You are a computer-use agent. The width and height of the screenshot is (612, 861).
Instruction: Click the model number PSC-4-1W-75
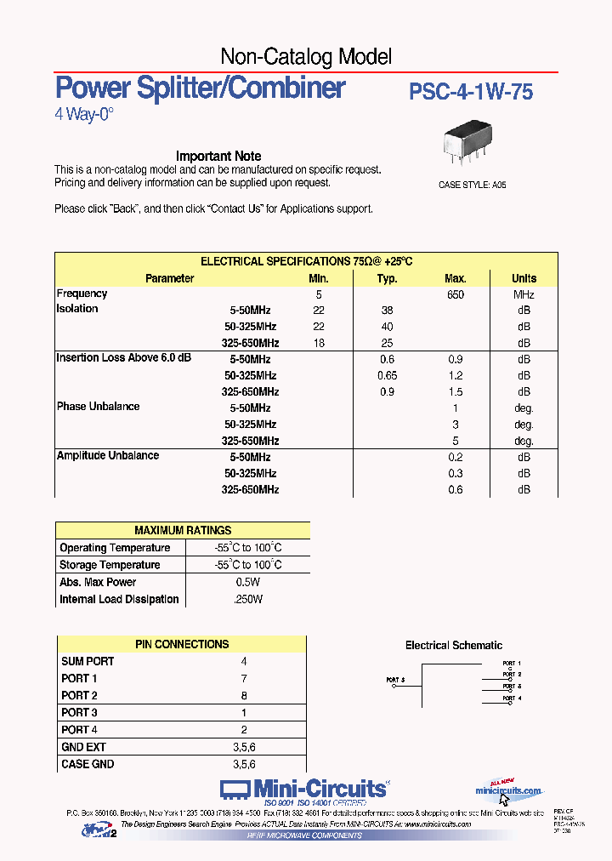pos(471,92)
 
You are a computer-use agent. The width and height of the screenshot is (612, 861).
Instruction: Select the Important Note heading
pos(218,156)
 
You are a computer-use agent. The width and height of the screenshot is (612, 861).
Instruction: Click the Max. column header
pos(456,278)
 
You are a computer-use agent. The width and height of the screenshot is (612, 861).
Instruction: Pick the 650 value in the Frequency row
pos(456,294)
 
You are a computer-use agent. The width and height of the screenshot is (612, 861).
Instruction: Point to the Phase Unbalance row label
pos(98,407)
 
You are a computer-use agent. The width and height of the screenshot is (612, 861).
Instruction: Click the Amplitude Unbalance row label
pos(107,456)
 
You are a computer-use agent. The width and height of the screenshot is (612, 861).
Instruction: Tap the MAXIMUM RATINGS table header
pos(183,530)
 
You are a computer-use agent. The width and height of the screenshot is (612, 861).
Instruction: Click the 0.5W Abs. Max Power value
pos(247,582)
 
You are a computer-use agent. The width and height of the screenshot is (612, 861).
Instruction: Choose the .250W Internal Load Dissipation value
pos(247,599)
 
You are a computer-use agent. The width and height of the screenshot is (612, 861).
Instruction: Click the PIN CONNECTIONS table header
pos(182,644)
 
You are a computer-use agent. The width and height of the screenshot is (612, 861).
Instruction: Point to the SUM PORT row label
pos(88,661)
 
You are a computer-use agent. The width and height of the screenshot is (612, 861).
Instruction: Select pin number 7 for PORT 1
pos(244,678)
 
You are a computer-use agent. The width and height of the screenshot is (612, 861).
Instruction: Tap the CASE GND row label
pos(88,764)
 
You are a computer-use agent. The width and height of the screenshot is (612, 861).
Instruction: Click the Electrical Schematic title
pos(453,645)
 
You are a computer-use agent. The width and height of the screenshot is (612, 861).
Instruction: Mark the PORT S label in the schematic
pos(395,680)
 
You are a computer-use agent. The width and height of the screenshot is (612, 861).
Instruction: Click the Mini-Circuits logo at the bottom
pos(304,790)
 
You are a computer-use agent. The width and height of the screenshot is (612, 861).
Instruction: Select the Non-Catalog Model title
pos(306,57)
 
